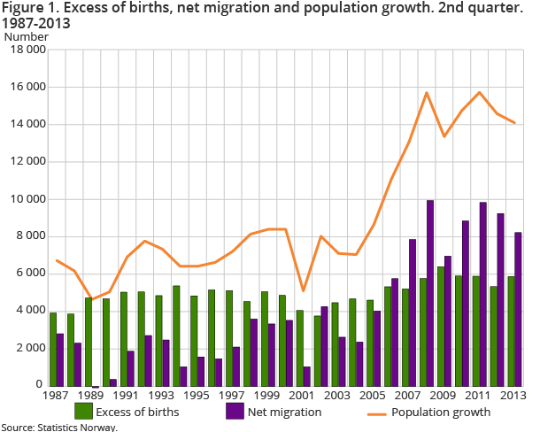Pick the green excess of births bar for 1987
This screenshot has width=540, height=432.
coord(53,348)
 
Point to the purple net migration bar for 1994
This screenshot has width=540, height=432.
coord(184,375)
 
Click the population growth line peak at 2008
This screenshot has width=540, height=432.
coord(427,93)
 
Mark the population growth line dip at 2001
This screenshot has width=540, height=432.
coord(304,290)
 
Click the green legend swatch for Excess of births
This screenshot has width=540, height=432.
coord(85,411)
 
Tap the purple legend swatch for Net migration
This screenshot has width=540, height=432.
coord(234,411)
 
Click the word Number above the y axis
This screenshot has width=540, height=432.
coord(27,37)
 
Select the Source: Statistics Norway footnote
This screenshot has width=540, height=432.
coord(58,427)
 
